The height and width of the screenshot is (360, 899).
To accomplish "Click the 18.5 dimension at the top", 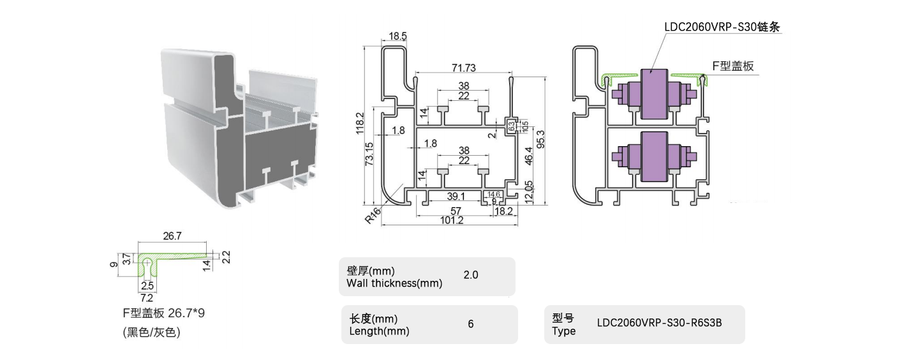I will (396, 36).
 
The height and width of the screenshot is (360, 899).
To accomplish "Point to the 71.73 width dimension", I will (463, 68).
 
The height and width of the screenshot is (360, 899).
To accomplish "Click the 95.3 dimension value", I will (540, 139).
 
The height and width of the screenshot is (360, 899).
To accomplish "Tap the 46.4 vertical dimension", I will (529, 158).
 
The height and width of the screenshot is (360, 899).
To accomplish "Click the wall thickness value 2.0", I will (471, 276).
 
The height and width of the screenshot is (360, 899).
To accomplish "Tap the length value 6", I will (471, 324).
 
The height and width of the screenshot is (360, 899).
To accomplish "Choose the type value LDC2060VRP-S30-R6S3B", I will (659, 323).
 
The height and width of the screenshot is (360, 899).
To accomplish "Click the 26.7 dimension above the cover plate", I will (172, 236).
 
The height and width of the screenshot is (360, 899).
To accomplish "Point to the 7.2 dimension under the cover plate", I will (146, 298).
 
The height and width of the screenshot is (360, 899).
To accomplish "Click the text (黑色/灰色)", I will (152, 332).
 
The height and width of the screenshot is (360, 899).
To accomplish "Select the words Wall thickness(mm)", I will (394, 283).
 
